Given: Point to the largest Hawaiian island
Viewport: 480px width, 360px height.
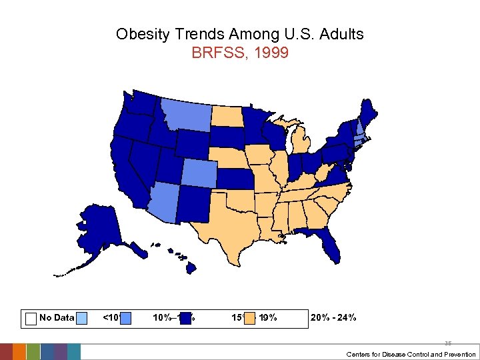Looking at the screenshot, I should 190,267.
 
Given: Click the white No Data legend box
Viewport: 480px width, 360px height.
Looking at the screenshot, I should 31,318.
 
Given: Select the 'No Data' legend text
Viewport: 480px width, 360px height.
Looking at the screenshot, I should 57,317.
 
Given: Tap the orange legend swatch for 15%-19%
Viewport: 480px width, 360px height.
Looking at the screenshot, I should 249,318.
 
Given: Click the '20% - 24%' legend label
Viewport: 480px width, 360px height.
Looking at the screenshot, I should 333,317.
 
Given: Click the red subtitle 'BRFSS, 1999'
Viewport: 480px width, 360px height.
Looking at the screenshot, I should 240,53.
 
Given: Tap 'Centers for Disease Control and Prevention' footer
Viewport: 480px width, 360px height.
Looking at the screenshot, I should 411,354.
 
